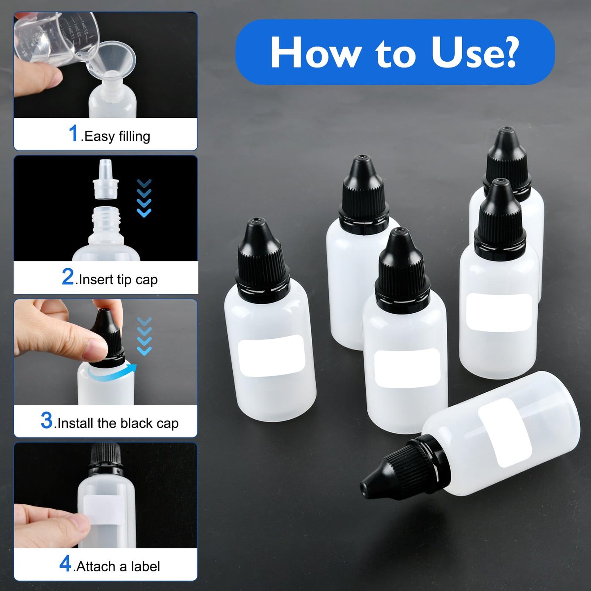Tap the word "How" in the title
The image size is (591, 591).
pos(315,53)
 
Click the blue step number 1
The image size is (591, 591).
pos(74,133)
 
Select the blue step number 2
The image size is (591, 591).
pos(68,277)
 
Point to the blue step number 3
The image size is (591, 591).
pos(47,420)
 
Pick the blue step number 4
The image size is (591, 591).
pos(65,564)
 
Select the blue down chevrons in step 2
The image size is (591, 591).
pos(144,198)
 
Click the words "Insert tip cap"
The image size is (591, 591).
pos(118,280)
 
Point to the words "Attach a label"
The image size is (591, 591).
pos(118,566)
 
